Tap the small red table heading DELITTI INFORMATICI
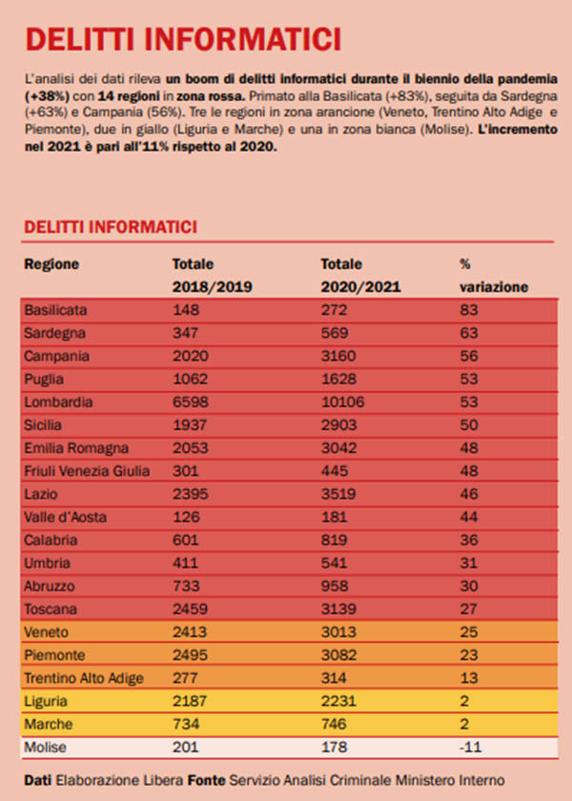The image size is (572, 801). point(111,227)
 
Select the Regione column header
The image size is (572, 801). point(51,264)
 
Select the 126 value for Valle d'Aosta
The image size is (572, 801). point(185,517)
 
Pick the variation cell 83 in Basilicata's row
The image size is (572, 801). point(467,311)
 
